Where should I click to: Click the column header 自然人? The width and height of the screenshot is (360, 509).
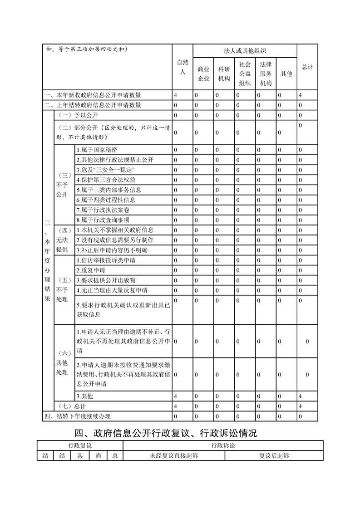click(182, 67)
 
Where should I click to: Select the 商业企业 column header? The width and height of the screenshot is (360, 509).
click(203, 73)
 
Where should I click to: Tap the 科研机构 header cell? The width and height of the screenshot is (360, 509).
click(224, 73)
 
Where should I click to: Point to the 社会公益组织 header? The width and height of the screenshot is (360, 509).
click(245, 73)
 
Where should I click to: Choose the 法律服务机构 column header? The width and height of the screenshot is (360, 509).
click(266, 73)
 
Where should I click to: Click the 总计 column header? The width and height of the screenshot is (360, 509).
click(307, 67)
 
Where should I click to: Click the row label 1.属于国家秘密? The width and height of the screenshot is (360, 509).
click(97, 150)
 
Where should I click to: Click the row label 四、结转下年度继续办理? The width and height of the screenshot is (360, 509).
click(77, 416)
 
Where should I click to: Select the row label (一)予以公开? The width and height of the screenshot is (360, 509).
click(75, 115)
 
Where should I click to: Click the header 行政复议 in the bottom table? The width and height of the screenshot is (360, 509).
click(80, 445)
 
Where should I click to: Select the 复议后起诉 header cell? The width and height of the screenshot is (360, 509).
click(274, 455)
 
